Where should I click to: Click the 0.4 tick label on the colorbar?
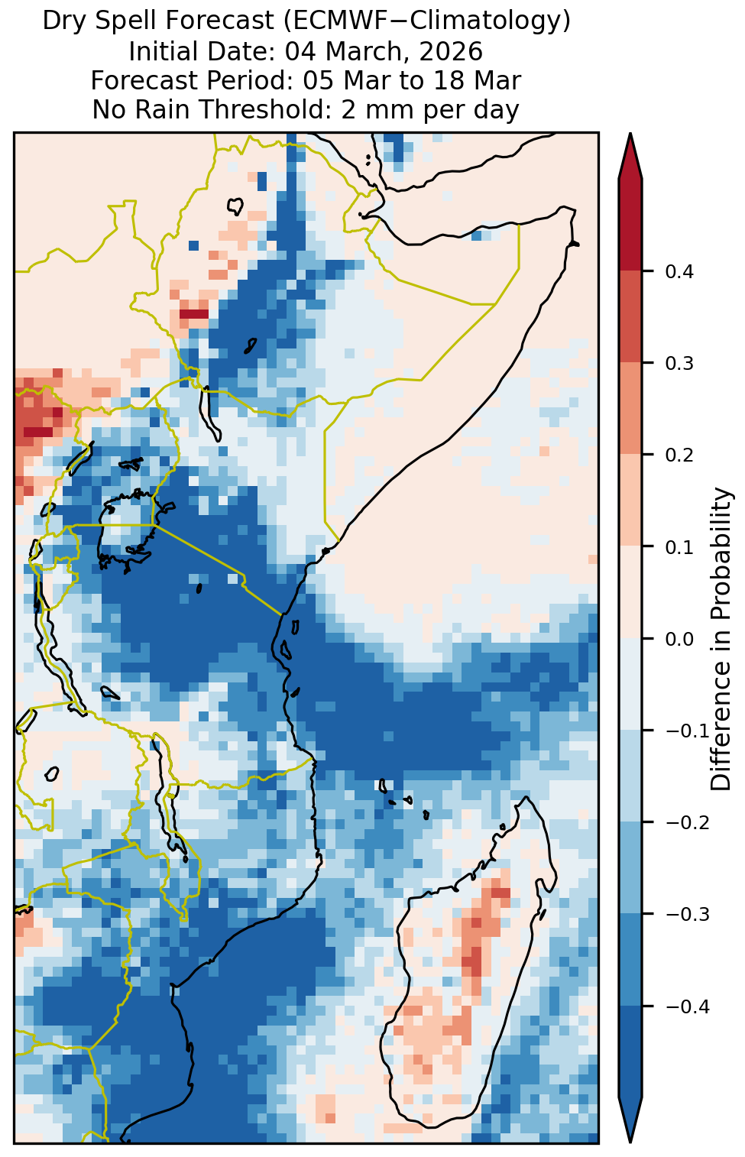(x=679, y=272)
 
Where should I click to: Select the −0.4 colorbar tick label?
(x=688, y=1006)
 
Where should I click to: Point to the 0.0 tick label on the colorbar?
(x=679, y=640)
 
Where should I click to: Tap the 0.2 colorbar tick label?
(x=679, y=455)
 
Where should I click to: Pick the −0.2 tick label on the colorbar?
(x=688, y=823)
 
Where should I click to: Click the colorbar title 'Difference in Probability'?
(x=721, y=639)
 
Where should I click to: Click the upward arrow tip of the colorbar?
(x=630, y=134)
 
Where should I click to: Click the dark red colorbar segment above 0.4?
(x=630, y=225)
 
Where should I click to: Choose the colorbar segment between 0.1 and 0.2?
(x=630, y=500)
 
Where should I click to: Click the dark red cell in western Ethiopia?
(x=193, y=314)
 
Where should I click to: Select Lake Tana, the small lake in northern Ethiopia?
(x=235, y=207)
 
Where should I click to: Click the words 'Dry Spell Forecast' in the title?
(x=158, y=21)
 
